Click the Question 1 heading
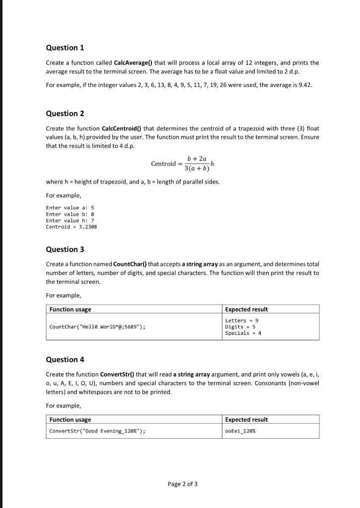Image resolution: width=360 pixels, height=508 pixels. point(65,48)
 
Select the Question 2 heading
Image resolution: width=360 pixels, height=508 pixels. point(65,114)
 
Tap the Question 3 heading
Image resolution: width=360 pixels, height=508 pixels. point(65,250)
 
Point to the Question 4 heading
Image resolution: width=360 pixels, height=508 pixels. point(65,360)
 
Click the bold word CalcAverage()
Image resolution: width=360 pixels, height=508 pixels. point(133,63)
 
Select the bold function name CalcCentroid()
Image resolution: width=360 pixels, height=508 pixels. point(122,128)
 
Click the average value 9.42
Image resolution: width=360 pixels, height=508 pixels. point(304,85)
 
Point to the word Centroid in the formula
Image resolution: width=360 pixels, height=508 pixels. point(163,164)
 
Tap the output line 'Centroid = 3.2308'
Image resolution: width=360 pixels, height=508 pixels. point(72,227)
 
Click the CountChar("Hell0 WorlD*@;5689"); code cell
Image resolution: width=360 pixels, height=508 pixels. point(98,327)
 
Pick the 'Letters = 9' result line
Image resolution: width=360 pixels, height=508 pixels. point(242,321)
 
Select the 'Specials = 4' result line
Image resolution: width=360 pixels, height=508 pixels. point(243,333)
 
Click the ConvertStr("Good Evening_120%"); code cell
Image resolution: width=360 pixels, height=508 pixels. point(98,431)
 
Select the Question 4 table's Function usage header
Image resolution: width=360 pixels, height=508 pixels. point(70,420)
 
